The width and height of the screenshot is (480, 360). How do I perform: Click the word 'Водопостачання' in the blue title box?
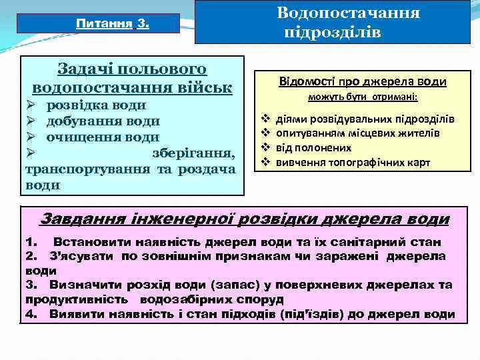tap(348, 13)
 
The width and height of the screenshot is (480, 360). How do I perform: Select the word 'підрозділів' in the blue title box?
tap(333, 32)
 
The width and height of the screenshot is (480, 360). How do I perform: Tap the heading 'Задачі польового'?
tap(132, 69)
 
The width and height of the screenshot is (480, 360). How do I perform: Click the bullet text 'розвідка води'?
tap(96, 105)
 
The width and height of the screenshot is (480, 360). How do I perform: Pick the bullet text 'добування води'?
tap(102, 121)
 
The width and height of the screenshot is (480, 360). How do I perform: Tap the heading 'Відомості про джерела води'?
tap(362, 81)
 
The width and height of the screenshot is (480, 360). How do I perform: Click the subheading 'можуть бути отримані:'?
tap(362, 98)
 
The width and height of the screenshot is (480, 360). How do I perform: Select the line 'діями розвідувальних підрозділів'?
tap(365, 119)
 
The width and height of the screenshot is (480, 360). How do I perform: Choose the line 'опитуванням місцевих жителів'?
tap(357, 133)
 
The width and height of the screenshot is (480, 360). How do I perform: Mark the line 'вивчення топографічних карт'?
tap(353, 162)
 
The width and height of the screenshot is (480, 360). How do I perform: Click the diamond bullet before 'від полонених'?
tap(265, 147)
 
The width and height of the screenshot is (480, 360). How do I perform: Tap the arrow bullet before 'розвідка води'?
tap(31, 105)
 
